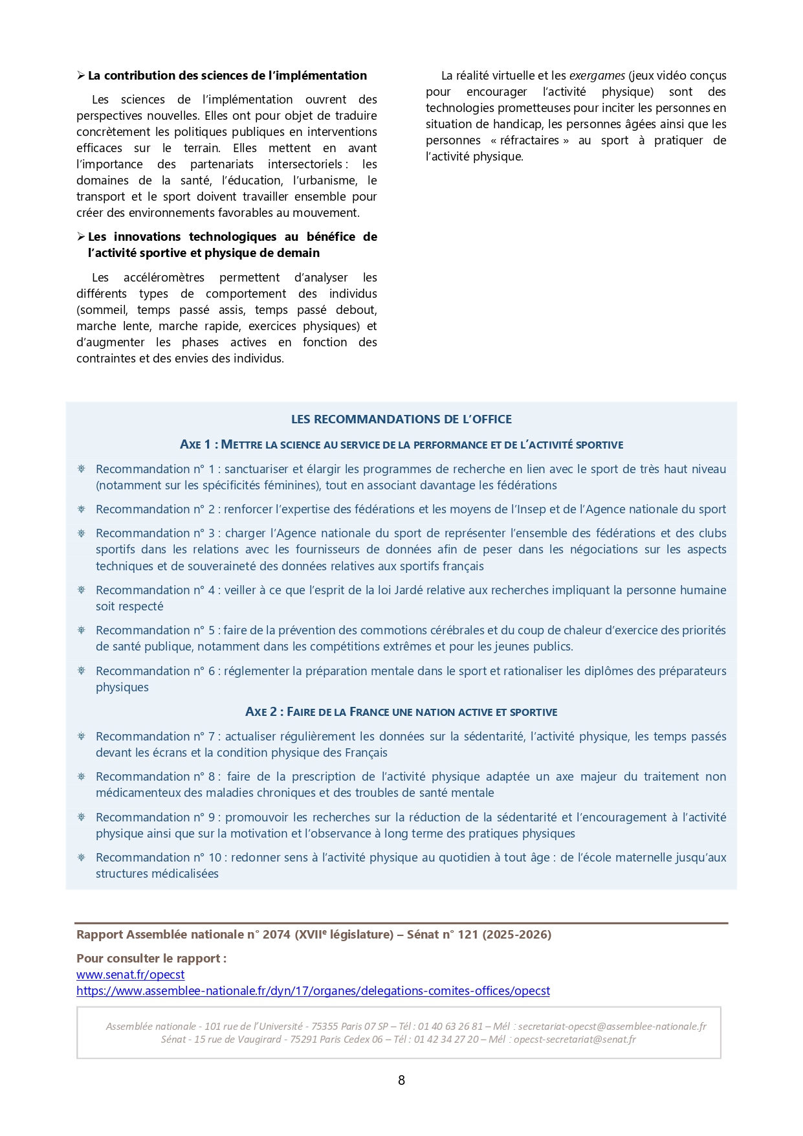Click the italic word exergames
[x=597, y=76]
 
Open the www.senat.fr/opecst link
[x=130, y=975]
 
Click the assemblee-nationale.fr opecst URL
[x=313, y=991]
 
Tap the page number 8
[x=401, y=1080]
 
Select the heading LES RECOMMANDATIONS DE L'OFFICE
[x=401, y=419]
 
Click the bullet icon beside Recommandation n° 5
[x=82, y=630]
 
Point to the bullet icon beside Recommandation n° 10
[x=82, y=858]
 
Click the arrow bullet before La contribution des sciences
[x=81, y=76]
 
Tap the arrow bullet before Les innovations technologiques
[x=81, y=237]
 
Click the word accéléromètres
[x=164, y=278]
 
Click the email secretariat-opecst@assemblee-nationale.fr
[x=612, y=1027]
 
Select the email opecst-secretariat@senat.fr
[x=575, y=1040]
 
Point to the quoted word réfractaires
[x=529, y=140]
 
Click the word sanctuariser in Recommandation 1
[x=257, y=469]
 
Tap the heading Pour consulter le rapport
[x=151, y=959]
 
